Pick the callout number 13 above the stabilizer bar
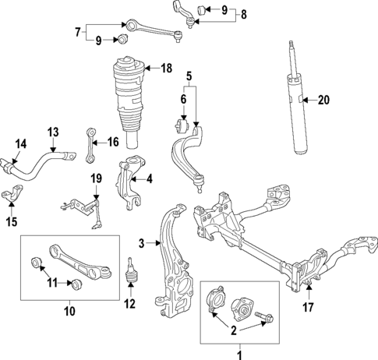click(52, 132)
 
